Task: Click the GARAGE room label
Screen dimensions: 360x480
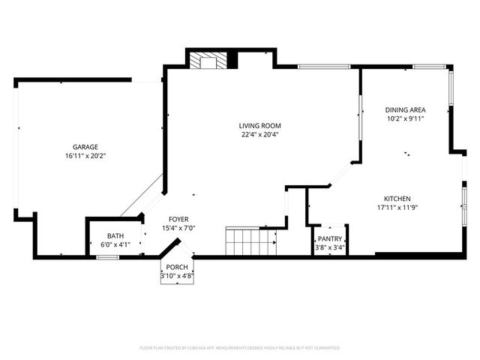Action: (x=85, y=146)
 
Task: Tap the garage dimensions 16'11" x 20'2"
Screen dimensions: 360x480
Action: (x=85, y=156)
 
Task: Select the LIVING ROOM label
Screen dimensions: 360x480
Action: (x=260, y=125)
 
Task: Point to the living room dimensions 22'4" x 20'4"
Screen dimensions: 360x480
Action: (x=260, y=135)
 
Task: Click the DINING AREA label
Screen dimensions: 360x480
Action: (x=406, y=109)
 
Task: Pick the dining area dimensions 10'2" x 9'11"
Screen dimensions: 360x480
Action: (x=406, y=118)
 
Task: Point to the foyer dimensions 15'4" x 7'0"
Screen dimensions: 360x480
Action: (x=178, y=228)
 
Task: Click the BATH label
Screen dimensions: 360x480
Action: (x=115, y=235)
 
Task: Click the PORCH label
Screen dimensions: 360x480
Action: (x=177, y=267)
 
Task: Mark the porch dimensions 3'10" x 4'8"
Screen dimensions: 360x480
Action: (x=177, y=276)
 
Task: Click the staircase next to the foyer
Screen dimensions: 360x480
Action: (x=250, y=242)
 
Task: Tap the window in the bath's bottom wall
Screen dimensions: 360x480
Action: (x=107, y=257)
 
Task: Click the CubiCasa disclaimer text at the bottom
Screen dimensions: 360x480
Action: (x=240, y=348)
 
